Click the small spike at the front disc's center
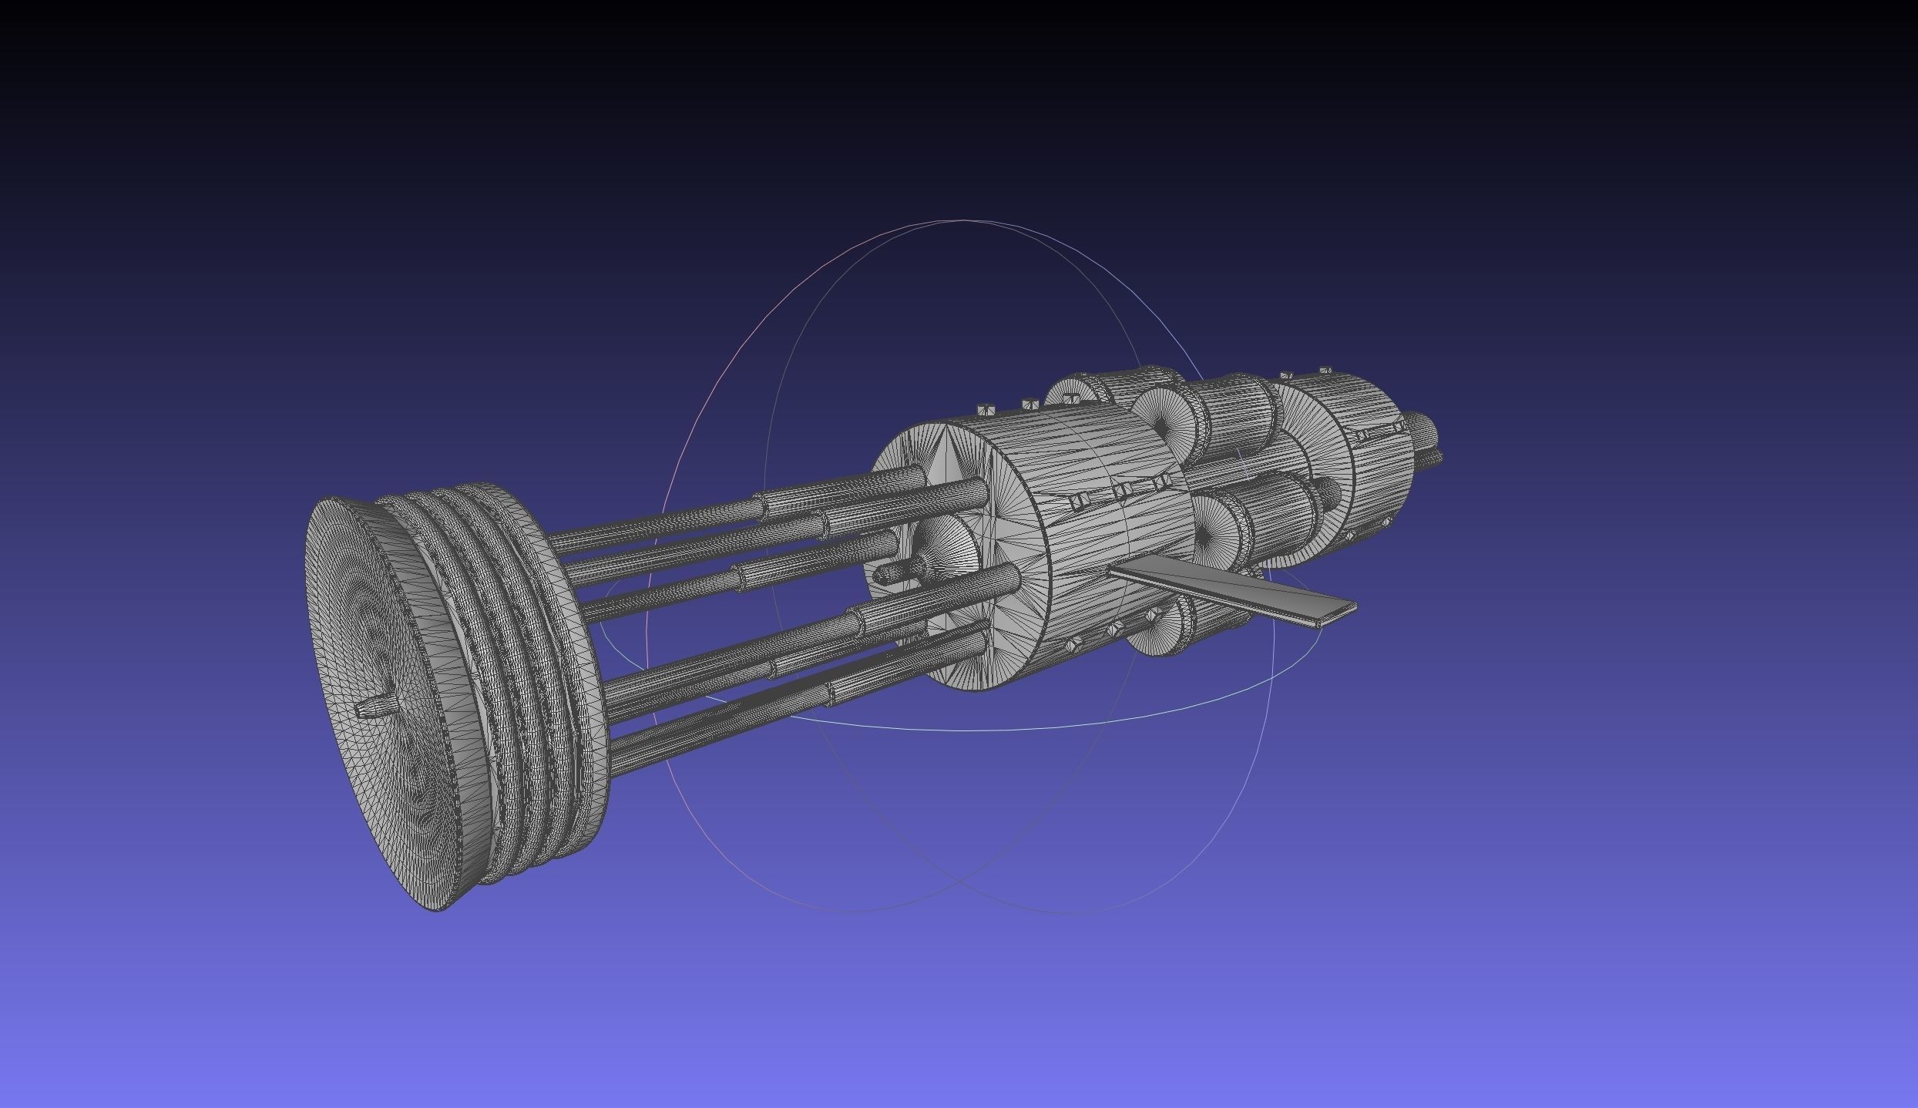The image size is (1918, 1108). click(x=376, y=707)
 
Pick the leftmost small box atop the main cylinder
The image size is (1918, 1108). click(x=984, y=408)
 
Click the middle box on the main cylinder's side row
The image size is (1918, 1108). click(x=1123, y=490)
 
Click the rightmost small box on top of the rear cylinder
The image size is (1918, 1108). click(x=1326, y=371)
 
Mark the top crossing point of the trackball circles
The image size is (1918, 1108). click(x=963, y=221)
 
